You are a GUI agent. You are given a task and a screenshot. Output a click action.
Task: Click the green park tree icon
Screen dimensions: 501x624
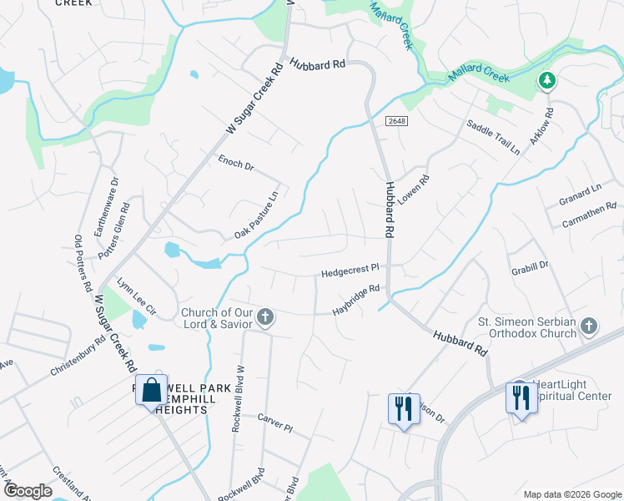pyautogui.click(x=547, y=81)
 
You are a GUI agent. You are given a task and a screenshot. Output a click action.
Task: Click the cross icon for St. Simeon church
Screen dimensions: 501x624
pyautogui.click(x=589, y=326)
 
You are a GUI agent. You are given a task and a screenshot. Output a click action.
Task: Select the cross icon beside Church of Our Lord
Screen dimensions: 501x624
pyautogui.click(x=265, y=316)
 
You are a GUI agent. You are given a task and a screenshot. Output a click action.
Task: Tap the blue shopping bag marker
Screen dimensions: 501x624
pyautogui.click(x=151, y=390)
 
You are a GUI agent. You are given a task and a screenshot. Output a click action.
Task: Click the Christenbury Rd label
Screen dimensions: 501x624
pyautogui.click(x=77, y=357)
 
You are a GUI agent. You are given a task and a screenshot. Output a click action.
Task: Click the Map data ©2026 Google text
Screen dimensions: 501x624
pyautogui.click(x=571, y=493)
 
